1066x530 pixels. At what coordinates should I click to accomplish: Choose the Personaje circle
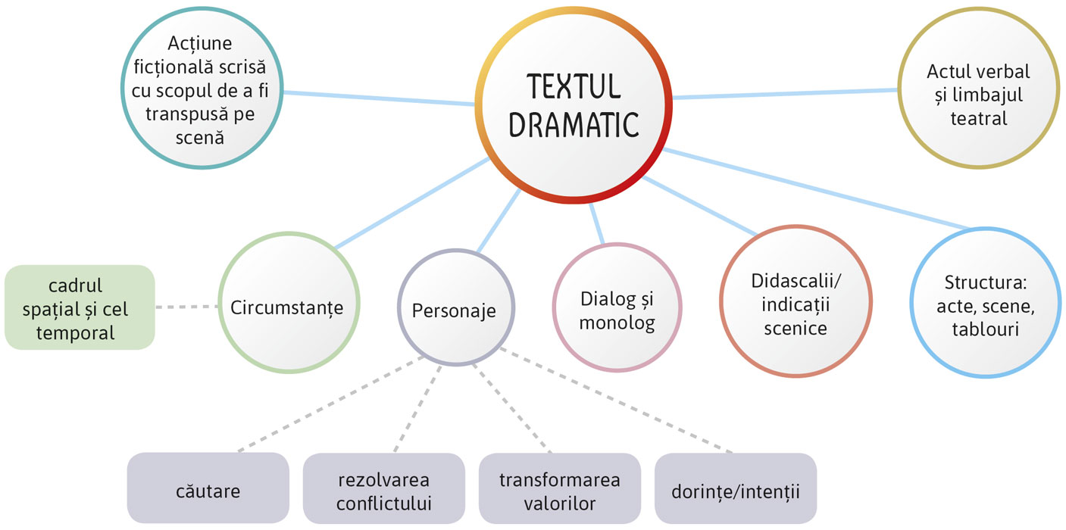pyautogui.click(x=455, y=310)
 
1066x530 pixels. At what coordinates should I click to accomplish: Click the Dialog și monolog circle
pyautogui.click(x=617, y=310)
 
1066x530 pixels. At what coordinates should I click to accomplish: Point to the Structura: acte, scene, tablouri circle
pyautogui.click(x=984, y=306)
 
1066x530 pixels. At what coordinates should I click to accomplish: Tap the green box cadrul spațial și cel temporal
pyautogui.click(x=79, y=307)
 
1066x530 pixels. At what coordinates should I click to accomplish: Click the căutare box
pyautogui.click(x=208, y=490)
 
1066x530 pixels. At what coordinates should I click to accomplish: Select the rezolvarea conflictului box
pyautogui.click(x=383, y=490)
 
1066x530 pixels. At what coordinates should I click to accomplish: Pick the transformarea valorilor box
pyautogui.click(x=560, y=490)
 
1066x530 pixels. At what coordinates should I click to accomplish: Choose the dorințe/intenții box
pyautogui.click(x=735, y=490)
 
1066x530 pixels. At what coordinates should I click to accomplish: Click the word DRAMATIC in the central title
pyautogui.click(x=574, y=125)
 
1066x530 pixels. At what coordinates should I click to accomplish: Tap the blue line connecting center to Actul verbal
pyautogui.click(x=784, y=94)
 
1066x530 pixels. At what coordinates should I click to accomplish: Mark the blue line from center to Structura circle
pyautogui.click(x=818, y=190)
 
